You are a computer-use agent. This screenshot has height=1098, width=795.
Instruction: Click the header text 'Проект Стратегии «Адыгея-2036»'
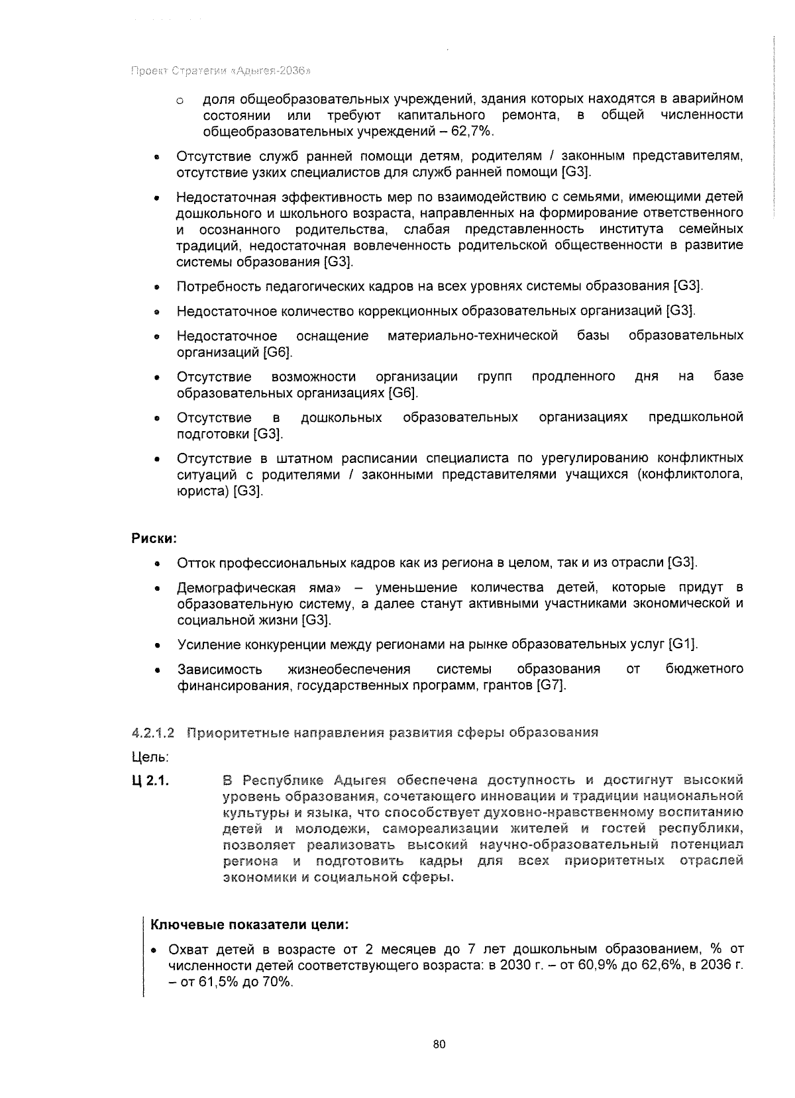coord(222,71)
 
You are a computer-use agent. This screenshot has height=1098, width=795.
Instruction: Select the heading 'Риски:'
coord(154,538)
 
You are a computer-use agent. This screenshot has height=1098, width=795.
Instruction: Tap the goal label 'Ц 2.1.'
coord(150,781)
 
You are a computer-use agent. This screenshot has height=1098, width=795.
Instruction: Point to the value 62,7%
coord(472,131)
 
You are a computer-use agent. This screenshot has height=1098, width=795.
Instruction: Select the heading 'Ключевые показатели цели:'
coord(250,924)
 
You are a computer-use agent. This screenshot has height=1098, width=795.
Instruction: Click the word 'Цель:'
coord(150,756)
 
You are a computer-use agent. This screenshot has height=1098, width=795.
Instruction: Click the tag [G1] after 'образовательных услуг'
coord(683,644)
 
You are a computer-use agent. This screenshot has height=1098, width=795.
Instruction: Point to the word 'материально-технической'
coord(472,336)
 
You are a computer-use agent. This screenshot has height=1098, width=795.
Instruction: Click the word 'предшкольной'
coord(695,417)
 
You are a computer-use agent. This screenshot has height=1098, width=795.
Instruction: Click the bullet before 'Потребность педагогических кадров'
coord(156,287)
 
